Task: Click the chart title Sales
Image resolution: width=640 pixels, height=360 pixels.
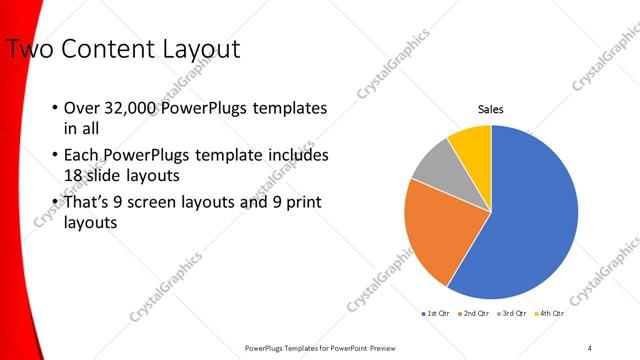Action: point(490,109)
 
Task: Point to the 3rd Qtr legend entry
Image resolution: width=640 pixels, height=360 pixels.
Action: point(513,313)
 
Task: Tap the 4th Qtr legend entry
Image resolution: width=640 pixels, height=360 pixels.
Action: point(550,313)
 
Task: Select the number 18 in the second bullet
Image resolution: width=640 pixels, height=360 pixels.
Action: point(75,176)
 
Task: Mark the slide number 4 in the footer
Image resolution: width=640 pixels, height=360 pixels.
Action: point(590,347)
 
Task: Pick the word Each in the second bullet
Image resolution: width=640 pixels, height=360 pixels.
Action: point(82,156)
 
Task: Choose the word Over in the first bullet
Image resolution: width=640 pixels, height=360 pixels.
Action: point(83,109)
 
